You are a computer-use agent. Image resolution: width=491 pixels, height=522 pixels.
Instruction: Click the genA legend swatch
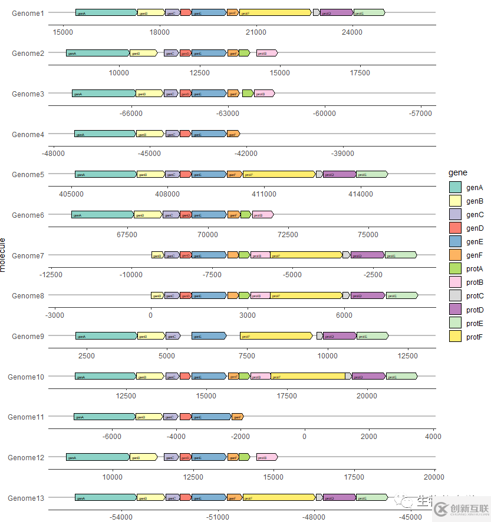(454, 188)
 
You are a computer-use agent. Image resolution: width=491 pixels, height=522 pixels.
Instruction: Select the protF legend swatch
(454, 337)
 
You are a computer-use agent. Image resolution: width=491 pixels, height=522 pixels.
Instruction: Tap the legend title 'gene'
(458, 172)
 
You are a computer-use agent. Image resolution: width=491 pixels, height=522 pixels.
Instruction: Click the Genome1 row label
(28, 13)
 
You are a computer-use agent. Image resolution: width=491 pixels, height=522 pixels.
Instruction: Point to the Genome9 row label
(28, 337)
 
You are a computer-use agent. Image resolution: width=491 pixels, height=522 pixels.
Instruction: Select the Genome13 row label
(26, 498)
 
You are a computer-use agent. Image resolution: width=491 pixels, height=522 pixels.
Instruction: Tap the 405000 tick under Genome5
(70, 194)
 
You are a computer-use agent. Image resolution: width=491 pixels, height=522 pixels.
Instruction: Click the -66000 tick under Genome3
(131, 113)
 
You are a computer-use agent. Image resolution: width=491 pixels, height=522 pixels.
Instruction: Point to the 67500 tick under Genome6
(127, 235)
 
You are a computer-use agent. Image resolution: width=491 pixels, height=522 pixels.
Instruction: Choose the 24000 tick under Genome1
(352, 32)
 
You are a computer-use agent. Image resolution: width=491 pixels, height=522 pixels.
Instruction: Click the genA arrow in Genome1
(106, 12)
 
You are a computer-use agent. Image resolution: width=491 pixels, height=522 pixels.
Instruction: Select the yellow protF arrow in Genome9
(276, 336)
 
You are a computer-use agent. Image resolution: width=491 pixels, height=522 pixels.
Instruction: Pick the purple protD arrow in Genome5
(340, 174)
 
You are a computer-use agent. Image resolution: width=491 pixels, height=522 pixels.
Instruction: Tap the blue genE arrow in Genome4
(209, 134)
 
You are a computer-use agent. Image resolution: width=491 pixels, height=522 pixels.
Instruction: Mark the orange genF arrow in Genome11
(237, 417)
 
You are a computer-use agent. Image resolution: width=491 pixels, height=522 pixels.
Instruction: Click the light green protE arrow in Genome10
(401, 377)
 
